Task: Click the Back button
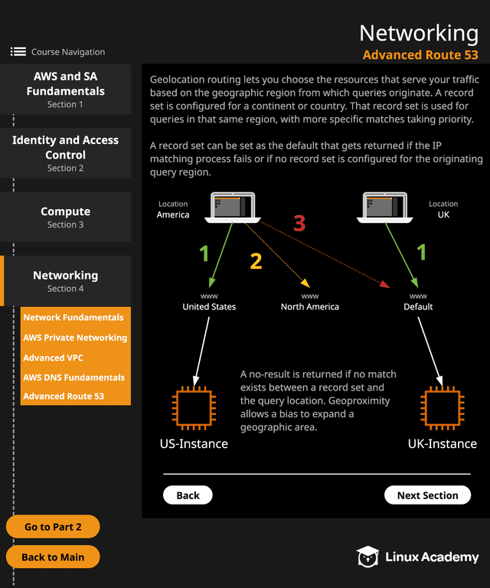tap(188, 495)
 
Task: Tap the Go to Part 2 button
tap(53, 527)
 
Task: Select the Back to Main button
tap(53, 557)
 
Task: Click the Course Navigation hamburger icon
tap(18, 52)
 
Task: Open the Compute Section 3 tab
tap(65, 217)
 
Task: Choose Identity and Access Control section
tap(65, 152)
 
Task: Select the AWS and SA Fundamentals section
tap(65, 89)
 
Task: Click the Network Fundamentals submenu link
tap(73, 317)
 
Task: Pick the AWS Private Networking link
tap(75, 338)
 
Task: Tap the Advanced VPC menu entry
tap(54, 358)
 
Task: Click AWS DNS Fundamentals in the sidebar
tap(73, 377)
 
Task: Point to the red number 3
tap(299, 224)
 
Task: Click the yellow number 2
tap(256, 262)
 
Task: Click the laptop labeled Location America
tap(234, 207)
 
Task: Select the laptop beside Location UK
tap(387, 207)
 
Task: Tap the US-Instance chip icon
tap(194, 408)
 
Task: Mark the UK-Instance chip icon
tap(442, 408)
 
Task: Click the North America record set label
tap(309, 306)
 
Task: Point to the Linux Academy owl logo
tap(367, 557)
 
